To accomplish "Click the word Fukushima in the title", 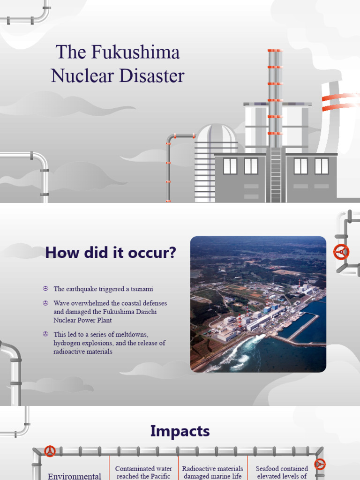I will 136,52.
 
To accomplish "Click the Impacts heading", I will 180,431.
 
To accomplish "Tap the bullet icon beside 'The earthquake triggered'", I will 45,289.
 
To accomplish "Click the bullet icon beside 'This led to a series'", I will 45,334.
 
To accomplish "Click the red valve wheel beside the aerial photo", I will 341,252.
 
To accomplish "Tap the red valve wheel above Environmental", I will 49,451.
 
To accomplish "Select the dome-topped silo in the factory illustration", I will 216,162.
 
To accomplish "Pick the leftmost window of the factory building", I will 230,166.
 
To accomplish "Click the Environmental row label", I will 75,476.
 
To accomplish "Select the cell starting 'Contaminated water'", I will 143,472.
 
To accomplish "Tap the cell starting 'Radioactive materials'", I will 212,472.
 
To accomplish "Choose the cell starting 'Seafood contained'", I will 282,472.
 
